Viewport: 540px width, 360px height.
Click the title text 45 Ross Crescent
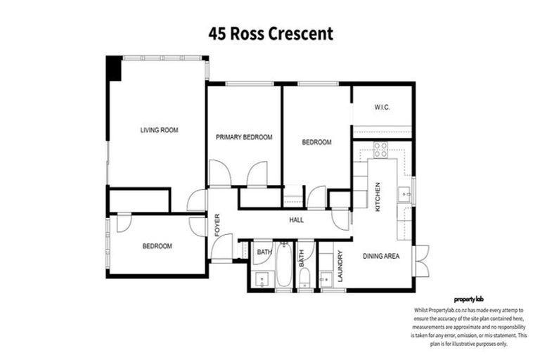(x=270, y=33)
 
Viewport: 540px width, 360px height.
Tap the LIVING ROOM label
(x=159, y=130)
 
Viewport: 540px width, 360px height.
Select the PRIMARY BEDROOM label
(x=244, y=137)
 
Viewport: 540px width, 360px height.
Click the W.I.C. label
(x=382, y=108)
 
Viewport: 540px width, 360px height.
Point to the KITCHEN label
(x=378, y=197)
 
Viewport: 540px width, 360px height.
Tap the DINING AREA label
(x=381, y=257)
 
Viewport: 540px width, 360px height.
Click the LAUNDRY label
(x=340, y=266)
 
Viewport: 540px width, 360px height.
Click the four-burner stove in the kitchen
(x=380, y=149)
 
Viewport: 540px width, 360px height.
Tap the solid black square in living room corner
(x=113, y=68)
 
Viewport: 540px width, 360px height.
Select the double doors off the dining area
(x=420, y=261)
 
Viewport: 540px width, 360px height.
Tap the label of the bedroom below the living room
(x=157, y=246)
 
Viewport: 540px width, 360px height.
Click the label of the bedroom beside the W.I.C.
(x=316, y=142)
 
